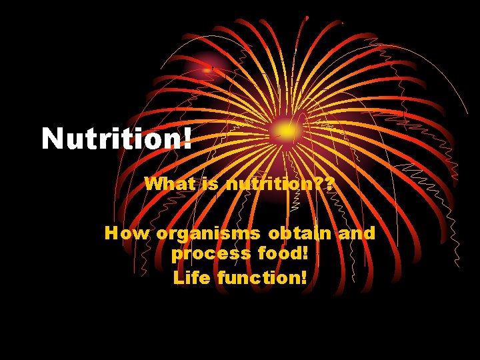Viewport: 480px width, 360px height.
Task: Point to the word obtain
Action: pyautogui.click(x=300, y=233)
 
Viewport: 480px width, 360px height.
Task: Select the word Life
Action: pyautogui.click(x=189, y=276)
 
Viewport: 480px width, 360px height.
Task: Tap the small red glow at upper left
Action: pyautogui.click(x=211, y=67)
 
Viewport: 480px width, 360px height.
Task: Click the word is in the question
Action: pyautogui.click(x=210, y=183)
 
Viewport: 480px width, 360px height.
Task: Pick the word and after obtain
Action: pyautogui.click(x=357, y=233)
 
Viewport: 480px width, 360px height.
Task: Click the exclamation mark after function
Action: pyautogui.click(x=304, y=276)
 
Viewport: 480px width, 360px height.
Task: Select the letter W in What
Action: pyautogui.click(x=153, y=183)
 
